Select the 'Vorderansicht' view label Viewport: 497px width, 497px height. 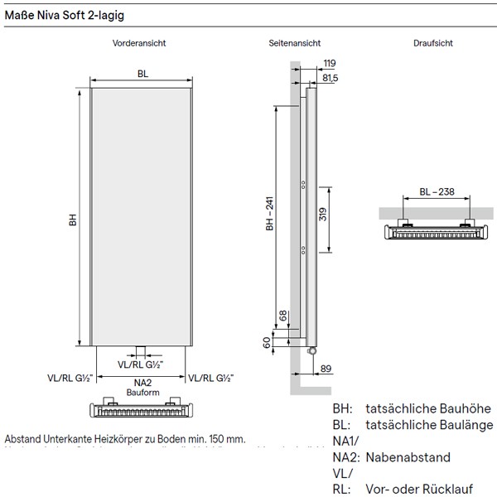click(x=141, y=43)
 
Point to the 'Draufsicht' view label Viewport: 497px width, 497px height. click(x=434, y=43)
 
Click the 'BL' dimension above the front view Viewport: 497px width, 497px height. click(x=142, y=75)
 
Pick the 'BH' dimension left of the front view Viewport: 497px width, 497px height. click(x=73, y=220)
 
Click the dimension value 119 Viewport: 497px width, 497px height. click(x=329, y=63)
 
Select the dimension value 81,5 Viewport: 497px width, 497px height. click(x=331, y=77)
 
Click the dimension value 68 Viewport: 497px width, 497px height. click(x=283, y=315)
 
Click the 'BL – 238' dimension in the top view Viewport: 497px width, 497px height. click(x=436, y=191)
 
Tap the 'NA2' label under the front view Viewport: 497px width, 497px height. click(x=142, y=383)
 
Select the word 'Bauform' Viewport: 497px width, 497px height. click(x=142, y=393)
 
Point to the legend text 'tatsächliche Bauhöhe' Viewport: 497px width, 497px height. click(x=427, y=408)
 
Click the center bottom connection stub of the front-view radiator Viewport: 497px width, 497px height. click(x=142, y=349)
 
